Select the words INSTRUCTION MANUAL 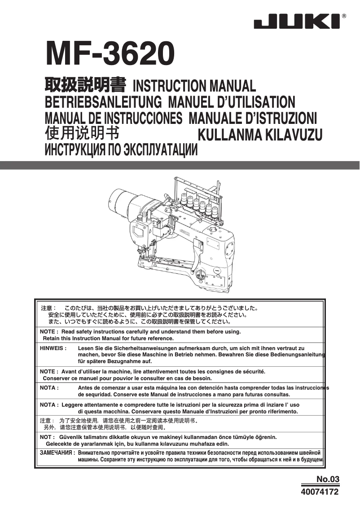[195, 86]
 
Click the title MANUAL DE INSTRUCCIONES [114, 118]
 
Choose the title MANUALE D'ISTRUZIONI [253, 118]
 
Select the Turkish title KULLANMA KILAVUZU [260, 135]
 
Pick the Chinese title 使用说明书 [82, 134]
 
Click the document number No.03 [328, 479]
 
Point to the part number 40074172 [320, 491]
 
